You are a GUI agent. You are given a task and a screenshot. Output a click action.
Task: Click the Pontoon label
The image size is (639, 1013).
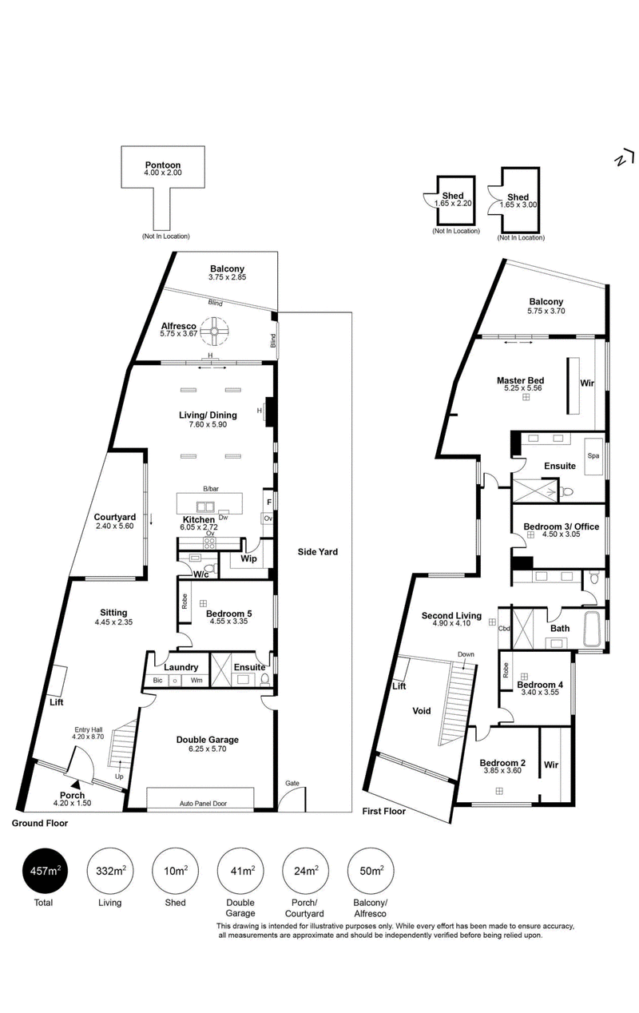tap(163, 165)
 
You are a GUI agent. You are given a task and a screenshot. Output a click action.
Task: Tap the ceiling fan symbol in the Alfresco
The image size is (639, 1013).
tap(213, 331)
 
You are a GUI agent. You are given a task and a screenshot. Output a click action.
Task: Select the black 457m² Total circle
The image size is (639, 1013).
tap(46, 871)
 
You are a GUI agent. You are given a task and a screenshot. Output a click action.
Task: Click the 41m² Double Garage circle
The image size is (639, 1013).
tap(240, 871)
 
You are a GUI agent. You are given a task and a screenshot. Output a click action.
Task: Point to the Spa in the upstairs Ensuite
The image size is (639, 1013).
tap(593, 456)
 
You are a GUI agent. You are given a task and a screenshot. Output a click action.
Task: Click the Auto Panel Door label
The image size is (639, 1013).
tap(203, 803)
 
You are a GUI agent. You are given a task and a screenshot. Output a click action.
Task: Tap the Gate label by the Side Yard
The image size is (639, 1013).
tap(292, 783)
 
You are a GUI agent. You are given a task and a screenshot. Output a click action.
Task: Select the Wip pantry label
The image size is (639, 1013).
tap(248, 558)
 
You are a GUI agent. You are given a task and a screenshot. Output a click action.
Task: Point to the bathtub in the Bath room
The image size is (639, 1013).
tap(593, 629)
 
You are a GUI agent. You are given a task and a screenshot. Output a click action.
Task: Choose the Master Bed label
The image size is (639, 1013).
tap(521, 380)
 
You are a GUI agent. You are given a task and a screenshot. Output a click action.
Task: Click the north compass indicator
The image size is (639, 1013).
tap(625, 159)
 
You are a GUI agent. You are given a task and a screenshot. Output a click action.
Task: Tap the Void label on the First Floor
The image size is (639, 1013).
tap(422, 711)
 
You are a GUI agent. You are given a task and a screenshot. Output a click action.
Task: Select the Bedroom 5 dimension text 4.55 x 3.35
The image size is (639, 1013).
tap(228, 622)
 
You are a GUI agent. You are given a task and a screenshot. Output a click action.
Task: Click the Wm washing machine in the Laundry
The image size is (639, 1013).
tap(196, 680)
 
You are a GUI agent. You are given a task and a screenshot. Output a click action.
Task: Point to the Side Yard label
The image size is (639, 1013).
tap(317, 552)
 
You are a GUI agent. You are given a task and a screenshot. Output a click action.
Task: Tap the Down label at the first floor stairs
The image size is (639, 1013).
tap(466, 654)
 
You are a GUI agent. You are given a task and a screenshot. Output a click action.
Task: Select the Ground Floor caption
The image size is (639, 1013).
tap(40, 823)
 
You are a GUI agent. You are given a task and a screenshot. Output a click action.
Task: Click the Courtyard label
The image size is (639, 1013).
tap(115, 518)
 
